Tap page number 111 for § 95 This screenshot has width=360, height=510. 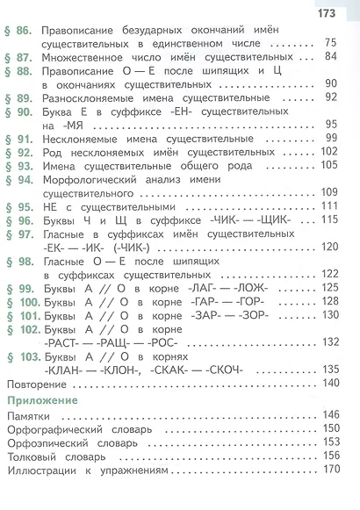(x=330, y=205)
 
